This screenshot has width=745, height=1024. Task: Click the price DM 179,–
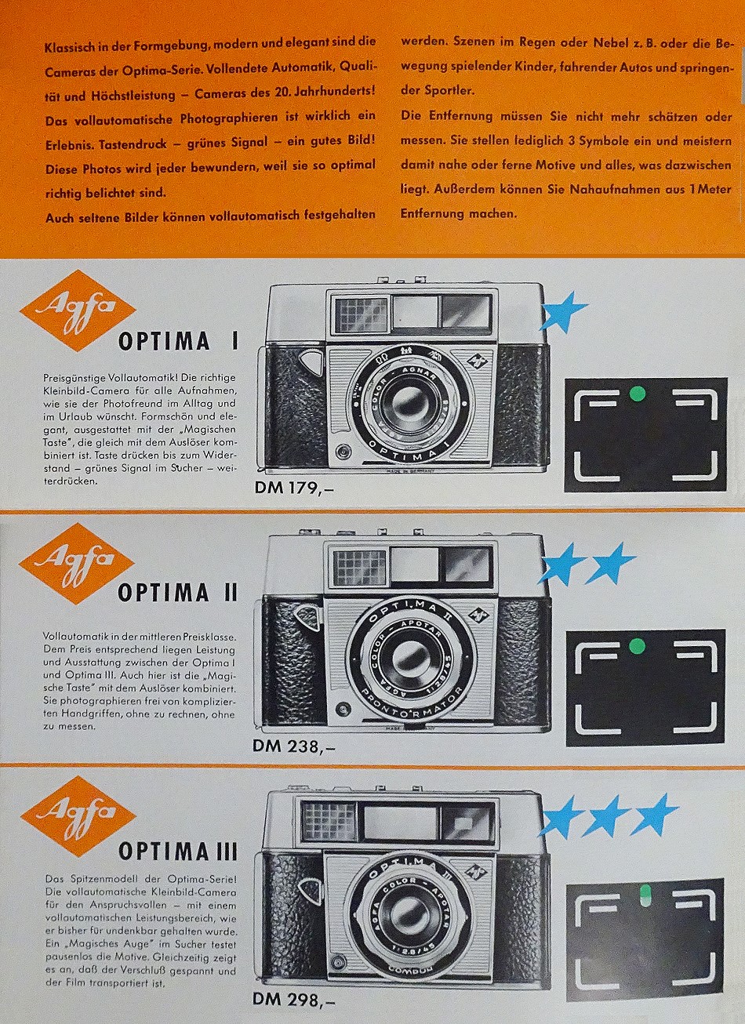(x=294, y=488)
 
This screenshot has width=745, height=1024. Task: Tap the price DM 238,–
(x=294, y=746)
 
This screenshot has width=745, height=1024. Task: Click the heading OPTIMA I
(x=178, y=342)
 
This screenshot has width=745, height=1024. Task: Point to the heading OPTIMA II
(x=177, y=594)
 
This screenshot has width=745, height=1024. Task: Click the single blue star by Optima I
(x=562, y=310)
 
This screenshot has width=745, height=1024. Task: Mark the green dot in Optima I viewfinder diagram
(x=637, y=392)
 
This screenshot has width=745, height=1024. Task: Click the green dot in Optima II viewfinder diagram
(x=637, y=645)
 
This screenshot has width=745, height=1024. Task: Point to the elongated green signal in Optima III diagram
(x=645, y=895)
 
